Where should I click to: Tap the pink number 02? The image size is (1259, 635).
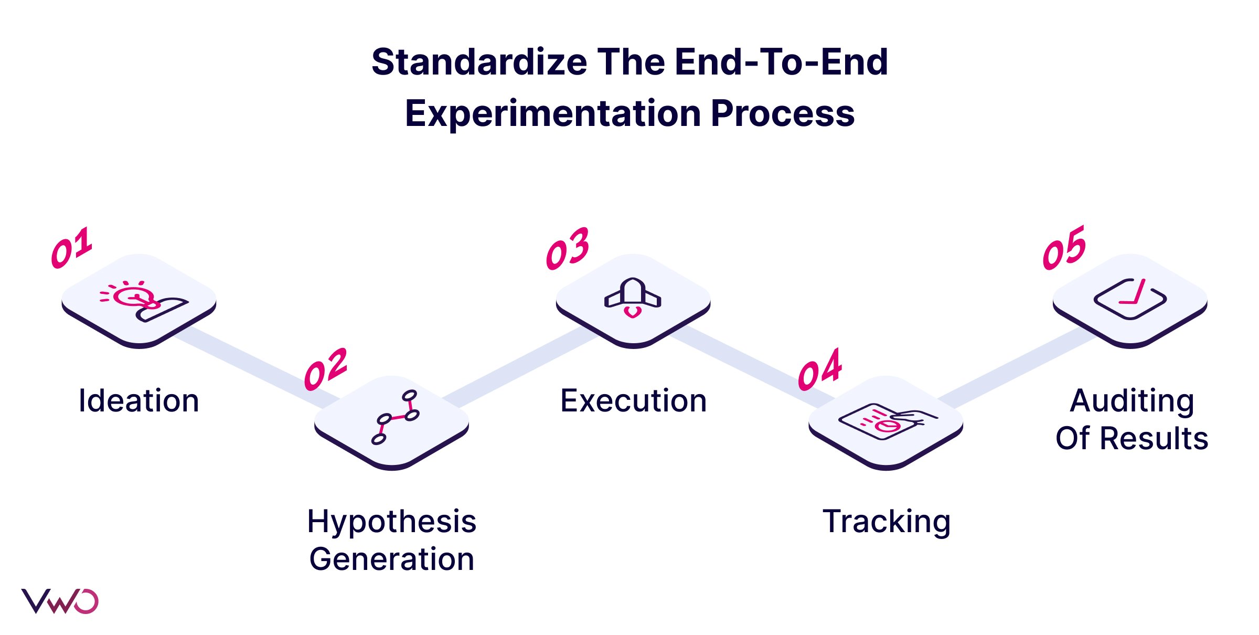click(x=326, y=369)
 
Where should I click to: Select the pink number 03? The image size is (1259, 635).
click(x=568, y=249)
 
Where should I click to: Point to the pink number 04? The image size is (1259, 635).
click(x=820, y=369)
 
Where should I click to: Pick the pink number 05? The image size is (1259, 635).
click(x=1064, y=248)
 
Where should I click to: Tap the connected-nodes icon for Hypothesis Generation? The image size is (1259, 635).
click(x=396, y=417)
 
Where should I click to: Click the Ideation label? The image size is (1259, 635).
click(x=138, y=401)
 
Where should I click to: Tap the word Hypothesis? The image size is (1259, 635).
click(x=392, y=522)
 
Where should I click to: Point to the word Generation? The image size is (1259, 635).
click(x=392, y=559)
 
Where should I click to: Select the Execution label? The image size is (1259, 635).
click(x=634, y=401)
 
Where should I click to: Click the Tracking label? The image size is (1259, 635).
click(x=887, y=522)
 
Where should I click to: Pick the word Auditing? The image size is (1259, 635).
click(x=1132, y=401)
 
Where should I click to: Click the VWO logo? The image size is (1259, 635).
click(x=59, y=601)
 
